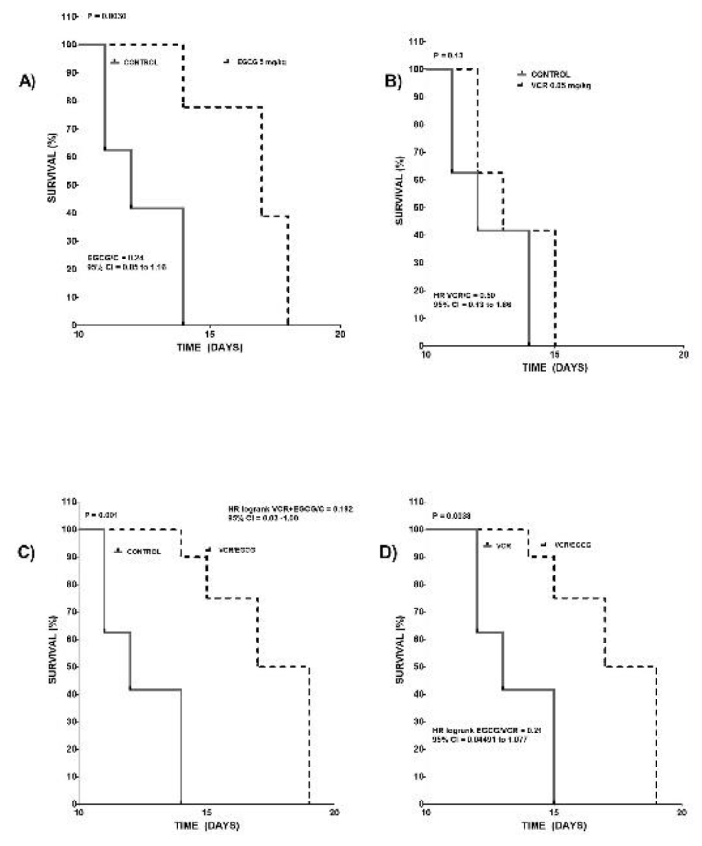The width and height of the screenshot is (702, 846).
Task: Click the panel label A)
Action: (x=27, y=81)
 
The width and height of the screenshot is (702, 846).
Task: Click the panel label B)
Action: (x=393, y=81)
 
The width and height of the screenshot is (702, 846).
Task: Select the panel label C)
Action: (x=26, y=552)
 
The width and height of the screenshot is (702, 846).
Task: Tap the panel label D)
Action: (x=388, y=552)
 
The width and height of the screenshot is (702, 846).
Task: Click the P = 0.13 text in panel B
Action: (x=448, y=56)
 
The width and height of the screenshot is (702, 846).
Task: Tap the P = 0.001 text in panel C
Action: (x=100, y=515)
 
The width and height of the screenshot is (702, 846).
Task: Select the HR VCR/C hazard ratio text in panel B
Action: (x=464, y=295)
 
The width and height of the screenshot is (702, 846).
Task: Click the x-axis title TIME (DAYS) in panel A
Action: (x=210, y=347)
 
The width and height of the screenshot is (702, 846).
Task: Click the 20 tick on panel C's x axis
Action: (x=334, y=812)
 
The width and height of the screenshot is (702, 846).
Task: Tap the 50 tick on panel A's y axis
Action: (x=70, y=185)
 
